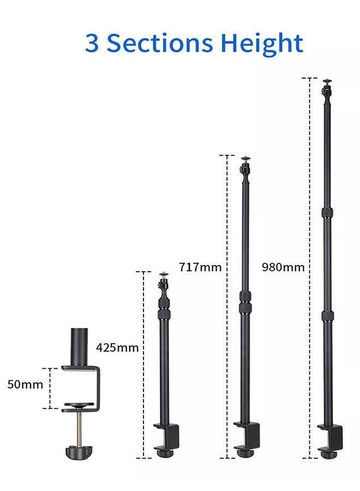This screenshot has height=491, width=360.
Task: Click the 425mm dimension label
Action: (x=117, y=348)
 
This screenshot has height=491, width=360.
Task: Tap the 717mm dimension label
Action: (x=200, y=267)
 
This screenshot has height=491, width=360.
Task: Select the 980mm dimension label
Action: (x=283, y=267)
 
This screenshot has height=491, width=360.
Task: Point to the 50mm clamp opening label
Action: (x=25, y=384)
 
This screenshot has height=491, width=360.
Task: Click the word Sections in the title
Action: (x=159, y=43)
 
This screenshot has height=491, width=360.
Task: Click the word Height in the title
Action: (x=262, y=44)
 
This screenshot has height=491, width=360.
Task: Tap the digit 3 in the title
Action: (x=92, y=43)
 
